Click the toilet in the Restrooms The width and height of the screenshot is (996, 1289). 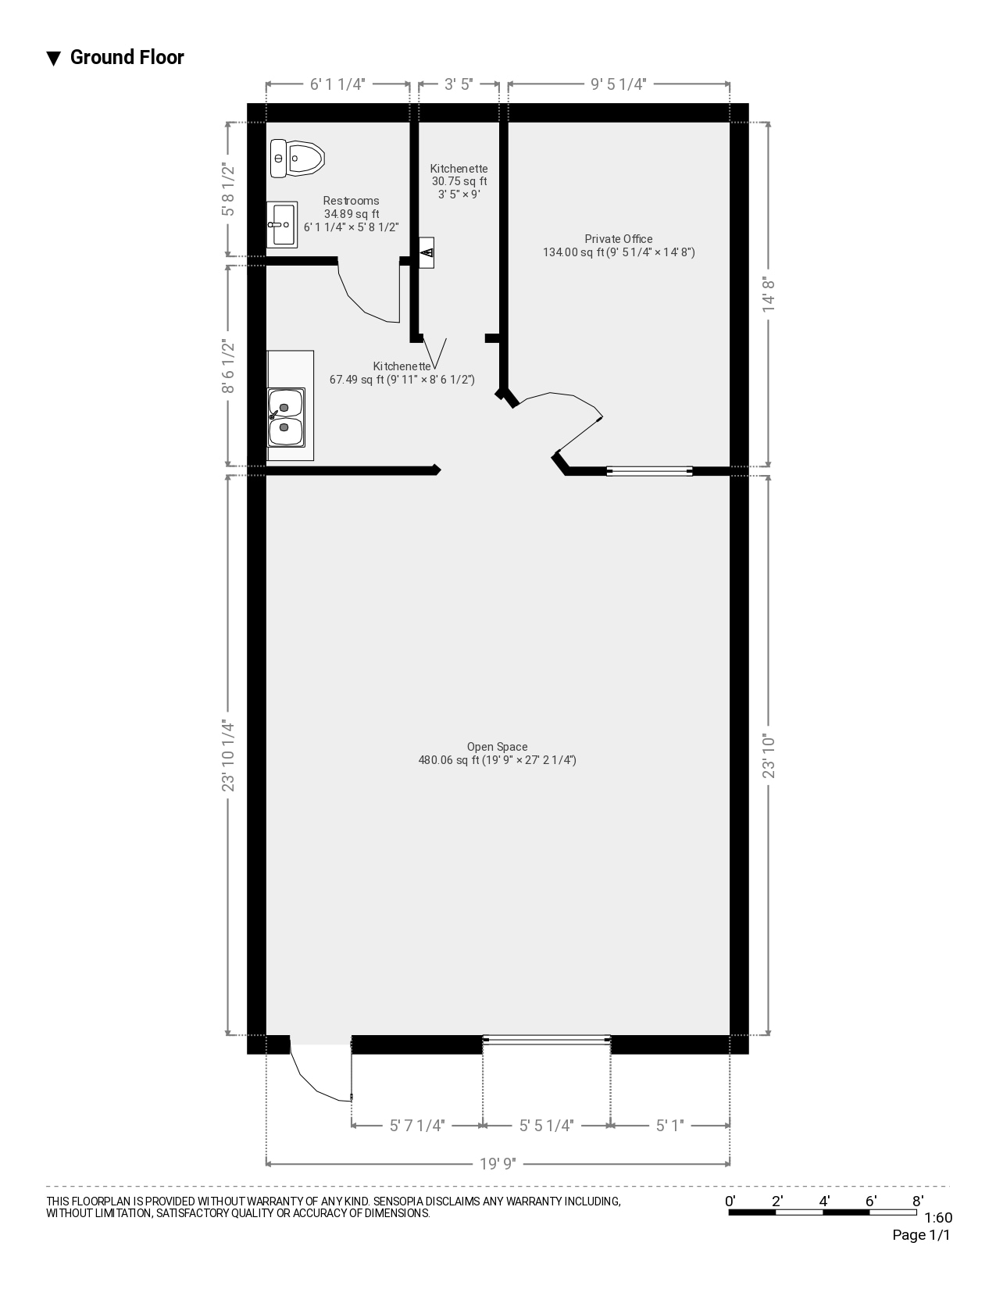[x=297, y=159]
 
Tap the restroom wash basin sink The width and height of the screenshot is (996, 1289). [x=281, y=224]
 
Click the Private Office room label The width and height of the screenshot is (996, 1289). [x=619, y=239]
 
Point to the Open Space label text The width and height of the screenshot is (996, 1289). [x=497, y=747]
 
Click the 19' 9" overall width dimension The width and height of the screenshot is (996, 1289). [x=498, y=1164]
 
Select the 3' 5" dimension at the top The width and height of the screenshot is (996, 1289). [x=459, y=84]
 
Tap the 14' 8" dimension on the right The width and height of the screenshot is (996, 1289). [x=769, y=294]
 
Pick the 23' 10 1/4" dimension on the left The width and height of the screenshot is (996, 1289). [x=228, y=755]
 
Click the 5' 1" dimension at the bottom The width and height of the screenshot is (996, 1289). [x=669, y=1126]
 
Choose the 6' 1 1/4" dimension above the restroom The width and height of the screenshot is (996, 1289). [x=337, y=84]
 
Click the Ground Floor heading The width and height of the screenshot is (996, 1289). [x=127, y=57]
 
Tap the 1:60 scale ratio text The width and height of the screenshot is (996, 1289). [x=938, y=1218]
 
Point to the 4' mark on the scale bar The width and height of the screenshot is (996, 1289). [x=824, y=1202]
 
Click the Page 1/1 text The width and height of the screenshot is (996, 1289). [x=921, y=1235]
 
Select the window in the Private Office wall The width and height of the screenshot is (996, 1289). [x=649, y=471]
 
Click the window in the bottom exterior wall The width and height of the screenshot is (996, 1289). [x=546, y=1039]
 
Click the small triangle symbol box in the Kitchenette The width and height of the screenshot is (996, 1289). [x=427, y=252]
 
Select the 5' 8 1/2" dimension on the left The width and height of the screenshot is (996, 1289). [x=228, y=189]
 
